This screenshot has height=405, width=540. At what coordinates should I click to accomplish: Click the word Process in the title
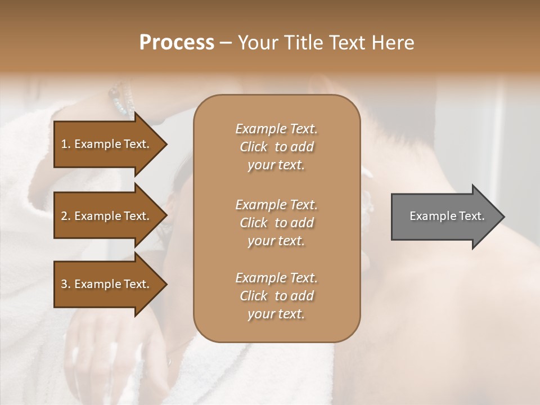(177, 43)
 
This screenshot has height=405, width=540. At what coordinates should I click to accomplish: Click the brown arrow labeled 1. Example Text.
(107, 144)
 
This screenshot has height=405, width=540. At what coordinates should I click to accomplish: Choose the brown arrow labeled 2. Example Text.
(107, 216)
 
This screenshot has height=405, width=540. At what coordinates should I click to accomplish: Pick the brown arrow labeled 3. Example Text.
(107, 284)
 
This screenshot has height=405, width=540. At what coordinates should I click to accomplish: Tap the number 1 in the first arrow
(64, 144)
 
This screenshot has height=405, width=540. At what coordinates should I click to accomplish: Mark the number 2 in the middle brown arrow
(64, 216)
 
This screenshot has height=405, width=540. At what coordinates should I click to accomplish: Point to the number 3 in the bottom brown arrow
(64, 284)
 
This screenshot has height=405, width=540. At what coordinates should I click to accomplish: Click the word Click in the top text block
(254, 147)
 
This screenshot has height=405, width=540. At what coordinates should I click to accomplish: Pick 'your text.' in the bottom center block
(276, 314)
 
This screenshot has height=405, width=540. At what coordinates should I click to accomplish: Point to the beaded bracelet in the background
(120, 99)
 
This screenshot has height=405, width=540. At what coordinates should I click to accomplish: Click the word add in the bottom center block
(302, 296)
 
